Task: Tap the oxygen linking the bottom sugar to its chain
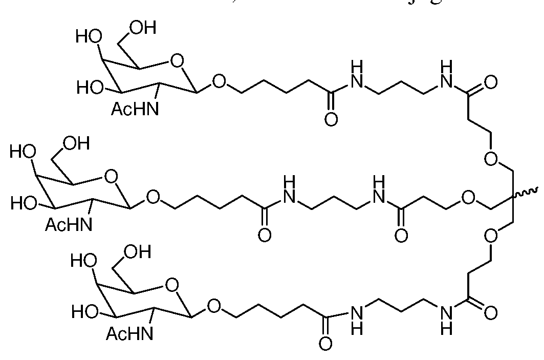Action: click(x=213, y=307)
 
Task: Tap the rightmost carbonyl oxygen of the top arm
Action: click(x=490, y=82)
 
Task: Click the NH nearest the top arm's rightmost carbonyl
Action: click(x=446, y=75)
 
